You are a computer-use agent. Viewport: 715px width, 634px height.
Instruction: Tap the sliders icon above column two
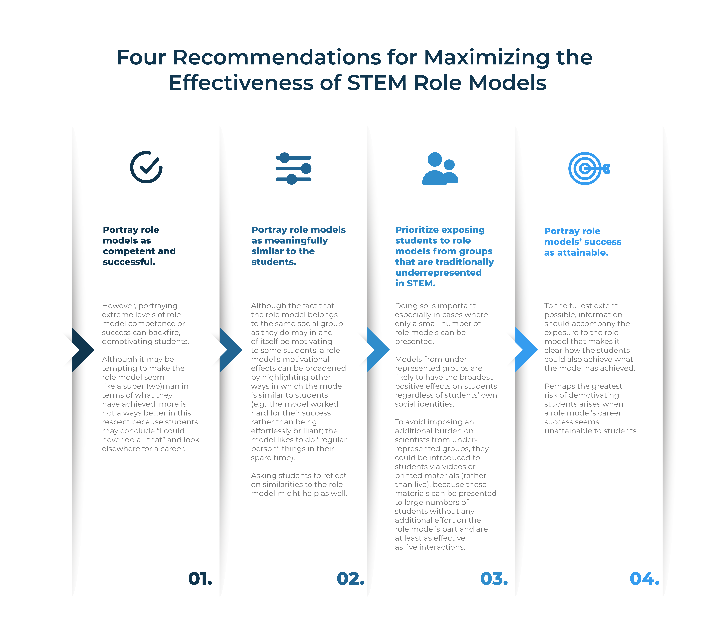tap(294, 169)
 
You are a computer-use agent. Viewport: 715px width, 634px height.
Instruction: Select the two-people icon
tap(440, 169)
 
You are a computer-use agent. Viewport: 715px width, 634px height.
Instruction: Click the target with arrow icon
tap(589, 169)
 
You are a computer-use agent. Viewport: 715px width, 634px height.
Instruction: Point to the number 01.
tap(200, 579)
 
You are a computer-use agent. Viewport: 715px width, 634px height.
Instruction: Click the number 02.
tap(351, 579)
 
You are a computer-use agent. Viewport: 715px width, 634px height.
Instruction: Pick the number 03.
tap(494, 579)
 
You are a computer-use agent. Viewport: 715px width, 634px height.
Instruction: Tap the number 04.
tap(644, 579)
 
